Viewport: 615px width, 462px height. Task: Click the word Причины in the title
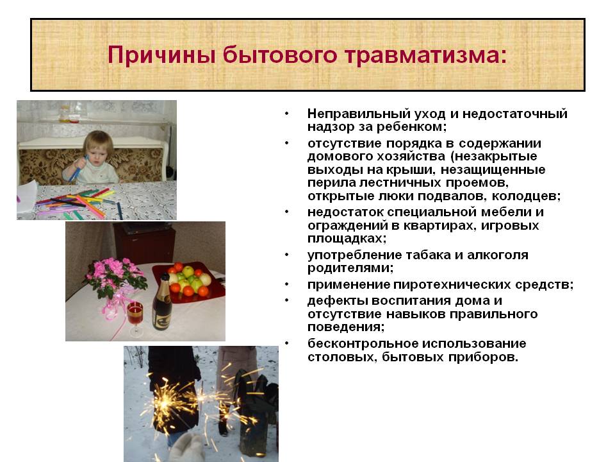click(x=161, y=55)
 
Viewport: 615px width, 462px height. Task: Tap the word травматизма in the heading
click(x=425, y=55)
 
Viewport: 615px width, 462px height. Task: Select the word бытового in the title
click(x=280, y=55)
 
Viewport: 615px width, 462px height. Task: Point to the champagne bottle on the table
click(x=161, y=302)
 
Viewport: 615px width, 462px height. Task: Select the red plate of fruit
click(x=189, y=282)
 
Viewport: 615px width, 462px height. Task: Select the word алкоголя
click(x=498, y=255)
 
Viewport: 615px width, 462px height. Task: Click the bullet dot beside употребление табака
click(x=287, y=255)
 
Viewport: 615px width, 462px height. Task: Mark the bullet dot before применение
click(x=287, y=284)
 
